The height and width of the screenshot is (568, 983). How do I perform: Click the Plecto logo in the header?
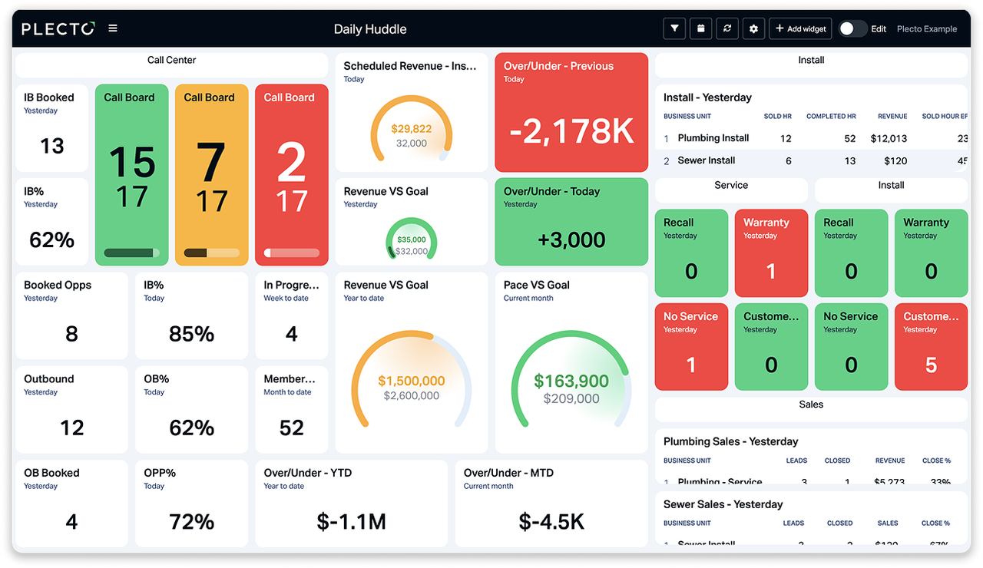coord(58,29)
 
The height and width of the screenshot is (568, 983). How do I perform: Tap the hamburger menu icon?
coord(113,28)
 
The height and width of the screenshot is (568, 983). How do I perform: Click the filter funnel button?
coord(674,28)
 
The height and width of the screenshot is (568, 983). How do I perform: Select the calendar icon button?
coord(701,28)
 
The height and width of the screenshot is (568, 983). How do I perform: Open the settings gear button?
coord(753,28)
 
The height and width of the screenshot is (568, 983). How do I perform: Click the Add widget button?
coord(800,28)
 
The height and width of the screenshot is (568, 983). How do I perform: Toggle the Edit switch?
coord(852,28)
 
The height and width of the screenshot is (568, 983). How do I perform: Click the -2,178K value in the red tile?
coord(571,131)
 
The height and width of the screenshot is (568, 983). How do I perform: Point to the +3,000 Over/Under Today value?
coord(571,239)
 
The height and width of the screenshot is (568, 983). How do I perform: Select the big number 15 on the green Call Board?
coord(132,162)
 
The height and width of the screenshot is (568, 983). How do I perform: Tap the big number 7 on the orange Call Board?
coord(210,162)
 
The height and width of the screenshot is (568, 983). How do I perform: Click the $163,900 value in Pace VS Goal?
coord(571,381)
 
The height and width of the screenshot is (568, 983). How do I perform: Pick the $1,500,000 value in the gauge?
coord(412,381)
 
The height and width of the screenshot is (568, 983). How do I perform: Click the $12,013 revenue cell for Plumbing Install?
coord(889,138)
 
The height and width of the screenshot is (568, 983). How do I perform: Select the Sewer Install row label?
coord(707,160)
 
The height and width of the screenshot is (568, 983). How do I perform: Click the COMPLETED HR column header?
coord(831,117)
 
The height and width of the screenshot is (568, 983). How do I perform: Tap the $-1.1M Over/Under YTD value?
coord(351,522)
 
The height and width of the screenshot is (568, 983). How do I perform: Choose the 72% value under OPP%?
coord(191,522)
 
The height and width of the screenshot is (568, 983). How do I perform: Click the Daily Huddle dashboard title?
coord(370,29)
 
